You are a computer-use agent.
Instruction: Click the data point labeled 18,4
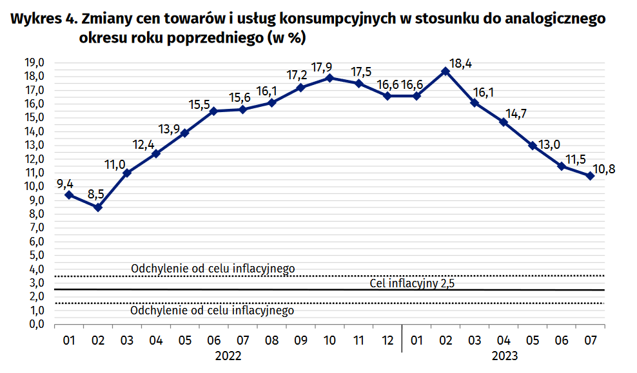tap(445, 71)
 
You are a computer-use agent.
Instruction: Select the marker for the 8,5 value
tap(98, 207)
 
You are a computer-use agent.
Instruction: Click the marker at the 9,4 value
tap(69, 195)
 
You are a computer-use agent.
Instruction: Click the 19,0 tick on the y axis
tap(34, 62)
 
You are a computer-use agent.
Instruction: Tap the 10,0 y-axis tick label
tap(34, 186)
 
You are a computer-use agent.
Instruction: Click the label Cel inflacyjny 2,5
tap(413, 283)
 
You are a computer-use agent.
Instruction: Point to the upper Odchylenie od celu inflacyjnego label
tap(213, 269)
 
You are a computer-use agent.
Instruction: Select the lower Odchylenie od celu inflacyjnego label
tap(212, 311)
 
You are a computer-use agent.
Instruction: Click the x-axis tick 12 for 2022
tap(387, 340)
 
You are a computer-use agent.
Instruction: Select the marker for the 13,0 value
tap(532, 146)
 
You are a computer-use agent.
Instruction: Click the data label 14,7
tap(516, 113)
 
